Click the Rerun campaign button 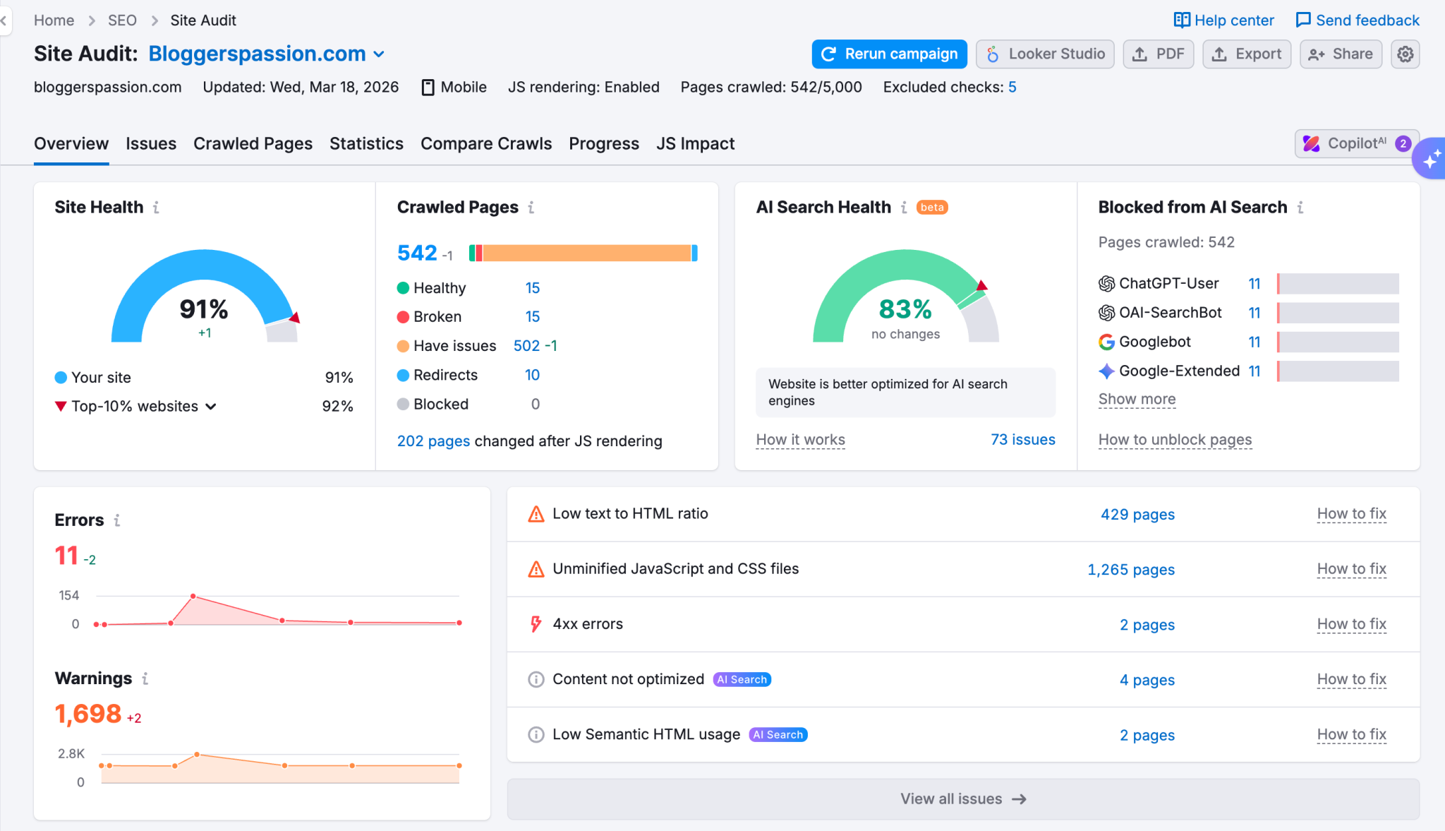(889, 54)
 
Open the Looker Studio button (1045, 54)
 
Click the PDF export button (1158, 54)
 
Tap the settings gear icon (1405, 54)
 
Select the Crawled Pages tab (253, 144)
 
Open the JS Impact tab (695, 144)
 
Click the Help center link (1224, 20)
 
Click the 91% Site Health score (204, 309)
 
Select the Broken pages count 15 (532, 317)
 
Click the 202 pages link (433, 441)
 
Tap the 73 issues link (1022, 440)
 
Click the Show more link (1137, 400)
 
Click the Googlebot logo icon (1106, 342)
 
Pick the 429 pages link (1137, 515)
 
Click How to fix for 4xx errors (1351, 624)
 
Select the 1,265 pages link (1130, 570)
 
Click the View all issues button (962, 799)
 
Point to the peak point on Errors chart (193, 597)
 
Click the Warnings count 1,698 (88, 714)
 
